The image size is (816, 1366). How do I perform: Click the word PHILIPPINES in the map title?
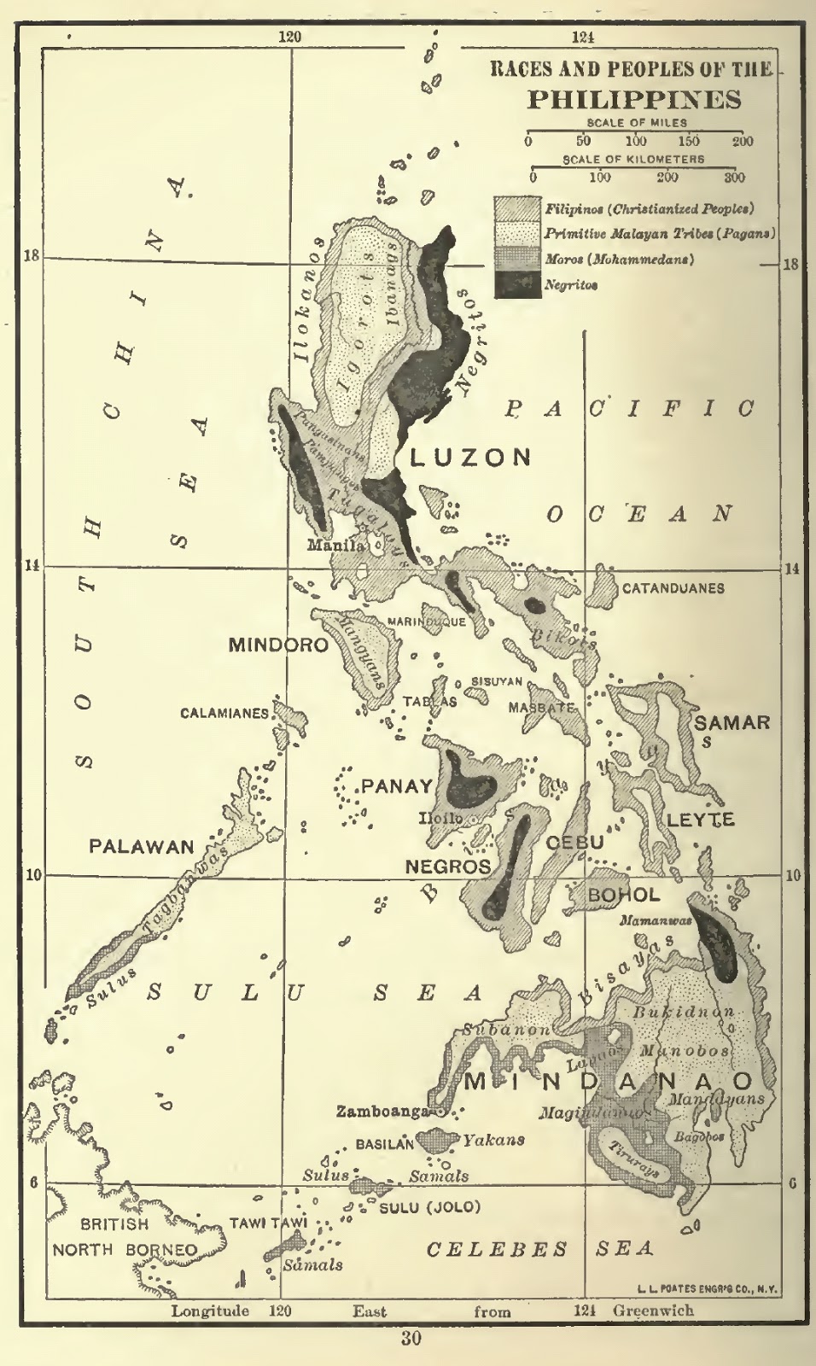coord(633,99)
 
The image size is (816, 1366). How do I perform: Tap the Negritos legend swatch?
coord(518,285)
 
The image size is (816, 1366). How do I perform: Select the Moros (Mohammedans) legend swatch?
coord(518,259)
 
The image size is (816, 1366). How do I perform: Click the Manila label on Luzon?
coord(335,546)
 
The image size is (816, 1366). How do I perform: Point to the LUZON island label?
coord(470,458)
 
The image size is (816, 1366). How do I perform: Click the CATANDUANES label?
coord(673,588)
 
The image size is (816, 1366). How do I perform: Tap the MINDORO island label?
coord(278,645)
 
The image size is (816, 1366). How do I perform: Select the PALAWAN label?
coord(143,847)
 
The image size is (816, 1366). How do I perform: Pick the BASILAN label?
coord(385,1143)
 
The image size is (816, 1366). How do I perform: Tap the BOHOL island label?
coord(624,895)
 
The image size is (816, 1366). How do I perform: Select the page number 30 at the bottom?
coord(411,1340)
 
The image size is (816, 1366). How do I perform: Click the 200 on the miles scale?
coord(743,142)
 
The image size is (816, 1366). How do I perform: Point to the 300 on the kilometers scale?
coord(735,178)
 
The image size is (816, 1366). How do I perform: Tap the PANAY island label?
coord(397,786)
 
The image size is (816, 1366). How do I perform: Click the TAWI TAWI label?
coord(267,1223)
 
